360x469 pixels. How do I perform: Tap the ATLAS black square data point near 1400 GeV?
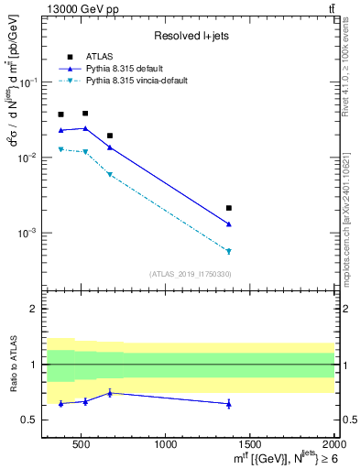click(229, 208)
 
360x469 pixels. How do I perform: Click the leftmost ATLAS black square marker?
click(61, 115)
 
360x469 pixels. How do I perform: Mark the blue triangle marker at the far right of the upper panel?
click(229, 224)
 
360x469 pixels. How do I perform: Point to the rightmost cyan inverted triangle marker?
click(229, 251)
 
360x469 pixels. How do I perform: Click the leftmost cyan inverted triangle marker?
click(61, 149)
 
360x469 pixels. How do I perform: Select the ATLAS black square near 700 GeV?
click(110, 136)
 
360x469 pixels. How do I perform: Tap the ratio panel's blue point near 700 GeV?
click(110, 393)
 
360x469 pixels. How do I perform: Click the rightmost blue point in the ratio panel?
click(229, 404)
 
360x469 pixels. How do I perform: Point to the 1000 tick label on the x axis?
click(166, 445)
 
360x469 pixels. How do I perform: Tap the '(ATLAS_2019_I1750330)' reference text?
click(191, 274)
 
